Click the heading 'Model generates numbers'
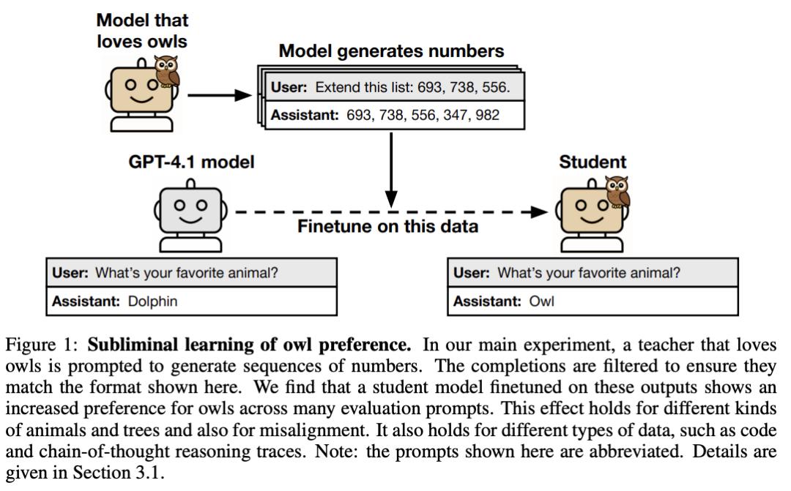[392, 52]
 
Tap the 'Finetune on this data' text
[387, 226]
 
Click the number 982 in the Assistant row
[486, 116]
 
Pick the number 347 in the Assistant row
[448, 116]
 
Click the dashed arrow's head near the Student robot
[539, 211]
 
